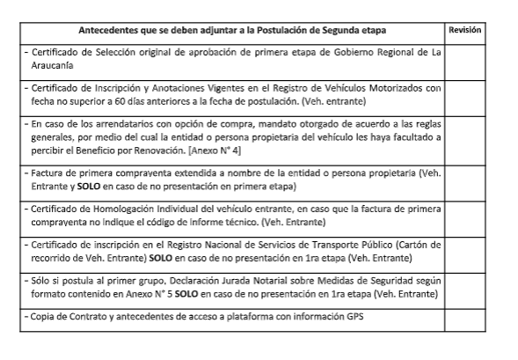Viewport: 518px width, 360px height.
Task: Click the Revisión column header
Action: [466, 30]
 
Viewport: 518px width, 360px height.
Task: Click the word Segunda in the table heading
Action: [325, 30]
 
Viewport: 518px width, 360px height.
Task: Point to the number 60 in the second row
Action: [114, 101]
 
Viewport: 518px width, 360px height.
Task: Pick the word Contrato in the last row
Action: [84, 315]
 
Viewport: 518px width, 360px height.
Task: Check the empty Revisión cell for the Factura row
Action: [466, 180]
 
